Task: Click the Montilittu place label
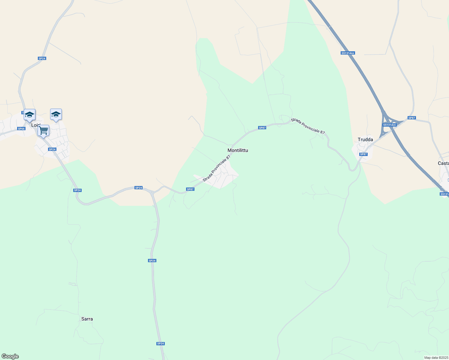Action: (x=238, y=150)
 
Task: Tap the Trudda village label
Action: (x=365, y=139)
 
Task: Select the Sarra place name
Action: (x=87, y=319)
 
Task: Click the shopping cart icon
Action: (x=44, y=131)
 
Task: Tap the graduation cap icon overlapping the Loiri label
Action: (x=29, y=115)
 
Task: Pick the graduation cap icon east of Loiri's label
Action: (x=56, y=115)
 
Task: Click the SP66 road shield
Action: (x=21, y=129)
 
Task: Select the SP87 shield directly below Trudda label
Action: (x=363, y=154)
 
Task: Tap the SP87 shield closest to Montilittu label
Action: (x=262, y=128)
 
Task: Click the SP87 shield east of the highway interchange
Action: (x=411, y=118)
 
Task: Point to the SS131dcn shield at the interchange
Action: (x=390, y=125)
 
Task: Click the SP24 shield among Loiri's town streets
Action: (x=52, y=149)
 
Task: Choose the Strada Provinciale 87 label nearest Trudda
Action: (x=308, y=126)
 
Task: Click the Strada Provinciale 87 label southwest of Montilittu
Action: (x=216, y=168)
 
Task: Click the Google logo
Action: (x=10, y=356)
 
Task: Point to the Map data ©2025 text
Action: (x=436, y=358)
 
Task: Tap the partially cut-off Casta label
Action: (x=443, y=163)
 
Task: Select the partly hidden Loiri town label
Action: (x=36, y=125)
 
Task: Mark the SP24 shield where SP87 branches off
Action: (x=138, y=188)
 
